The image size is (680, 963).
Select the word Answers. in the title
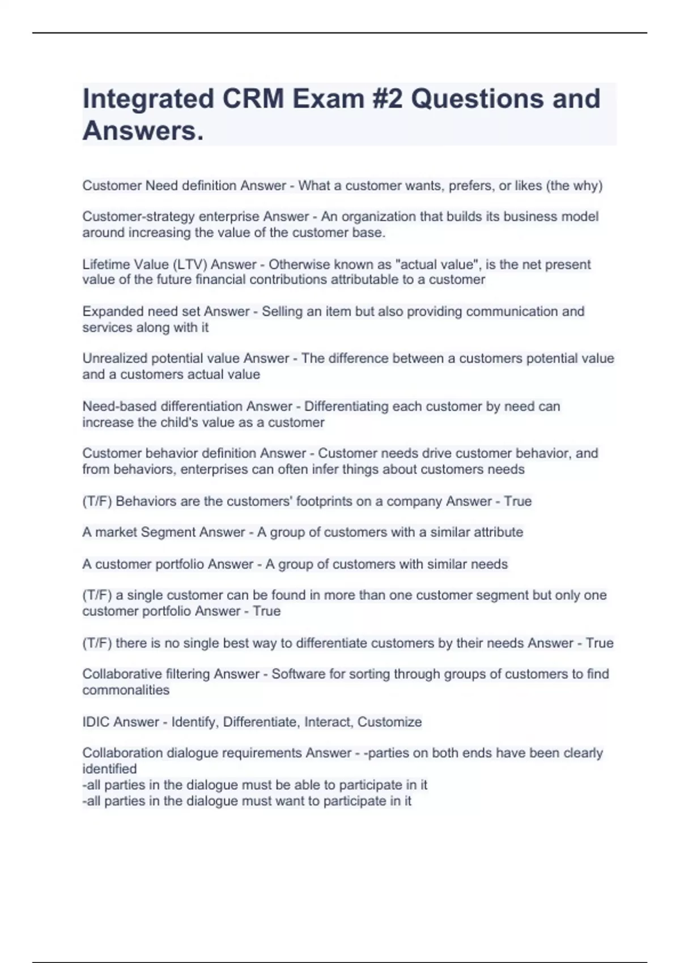[x=143, y=131]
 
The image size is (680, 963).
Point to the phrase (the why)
[x=574, y=186]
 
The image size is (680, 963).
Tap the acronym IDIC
[x=96, y=722]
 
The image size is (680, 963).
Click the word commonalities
[x=126, y=691]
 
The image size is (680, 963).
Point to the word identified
[x=109, y=769]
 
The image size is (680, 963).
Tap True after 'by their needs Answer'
[x=600, y=644]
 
